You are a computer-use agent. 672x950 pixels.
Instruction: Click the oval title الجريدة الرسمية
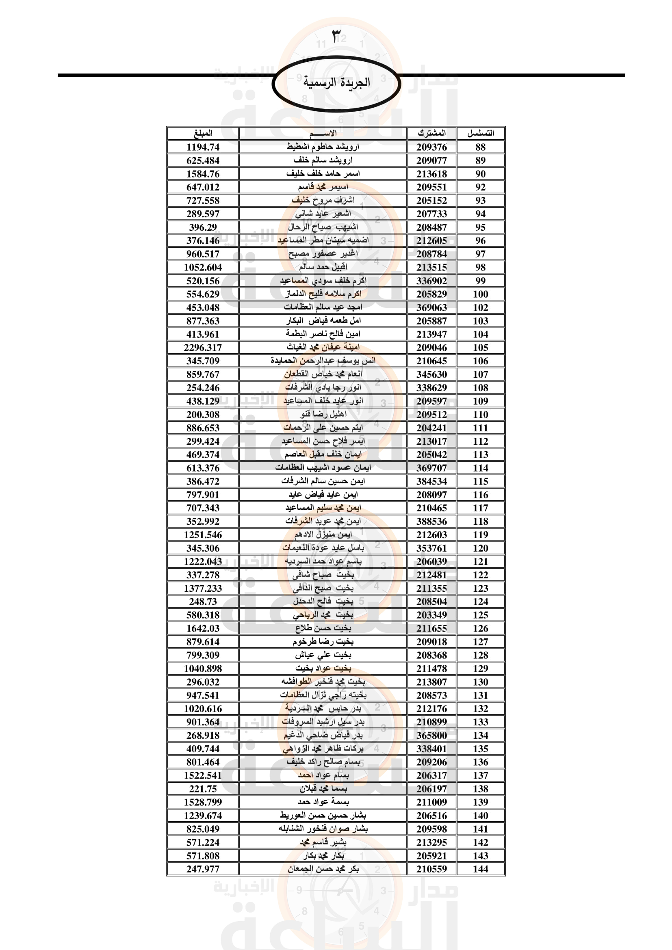336,83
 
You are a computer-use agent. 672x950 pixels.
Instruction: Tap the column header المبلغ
203,133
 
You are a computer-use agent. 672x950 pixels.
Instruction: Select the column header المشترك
431,133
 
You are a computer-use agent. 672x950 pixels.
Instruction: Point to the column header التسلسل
480,133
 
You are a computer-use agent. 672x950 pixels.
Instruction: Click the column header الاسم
323,133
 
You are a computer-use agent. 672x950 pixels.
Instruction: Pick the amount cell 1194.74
203,147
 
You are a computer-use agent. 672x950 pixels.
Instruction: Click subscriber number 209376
431,147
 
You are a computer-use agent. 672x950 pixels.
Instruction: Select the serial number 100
480,294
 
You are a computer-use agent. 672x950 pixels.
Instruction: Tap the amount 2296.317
203,348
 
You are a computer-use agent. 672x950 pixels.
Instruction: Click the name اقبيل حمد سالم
323,267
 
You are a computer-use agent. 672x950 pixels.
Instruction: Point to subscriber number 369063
431,307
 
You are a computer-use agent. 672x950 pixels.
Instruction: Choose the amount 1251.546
203,535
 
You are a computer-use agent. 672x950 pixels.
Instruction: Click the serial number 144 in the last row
480,869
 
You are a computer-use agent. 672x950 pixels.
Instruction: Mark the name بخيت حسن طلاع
323,628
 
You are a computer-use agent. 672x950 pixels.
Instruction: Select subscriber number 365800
431,735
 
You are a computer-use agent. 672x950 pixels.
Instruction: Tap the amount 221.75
203,789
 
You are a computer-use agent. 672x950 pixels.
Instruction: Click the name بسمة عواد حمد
323,802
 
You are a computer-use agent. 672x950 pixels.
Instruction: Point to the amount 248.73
203,602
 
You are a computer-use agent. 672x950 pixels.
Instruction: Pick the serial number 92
480,187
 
